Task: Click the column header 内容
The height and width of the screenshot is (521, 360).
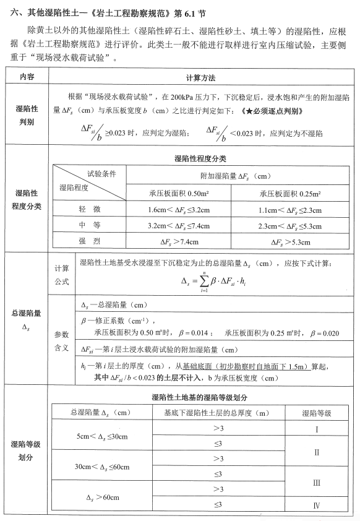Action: click(x=27, y=79)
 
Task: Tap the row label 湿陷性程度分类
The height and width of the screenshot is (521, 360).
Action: click(x=27, y=199)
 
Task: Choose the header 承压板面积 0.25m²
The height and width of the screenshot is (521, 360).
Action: click(x=288, y=192)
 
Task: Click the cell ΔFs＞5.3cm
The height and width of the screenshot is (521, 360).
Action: click(x=288, y=242)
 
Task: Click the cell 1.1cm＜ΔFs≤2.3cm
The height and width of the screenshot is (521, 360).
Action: click(x=288, y=209)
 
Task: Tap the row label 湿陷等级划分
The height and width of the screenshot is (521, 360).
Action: click(x=27, y=450)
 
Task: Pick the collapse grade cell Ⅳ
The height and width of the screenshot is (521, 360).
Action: click(x=316, y=506)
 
